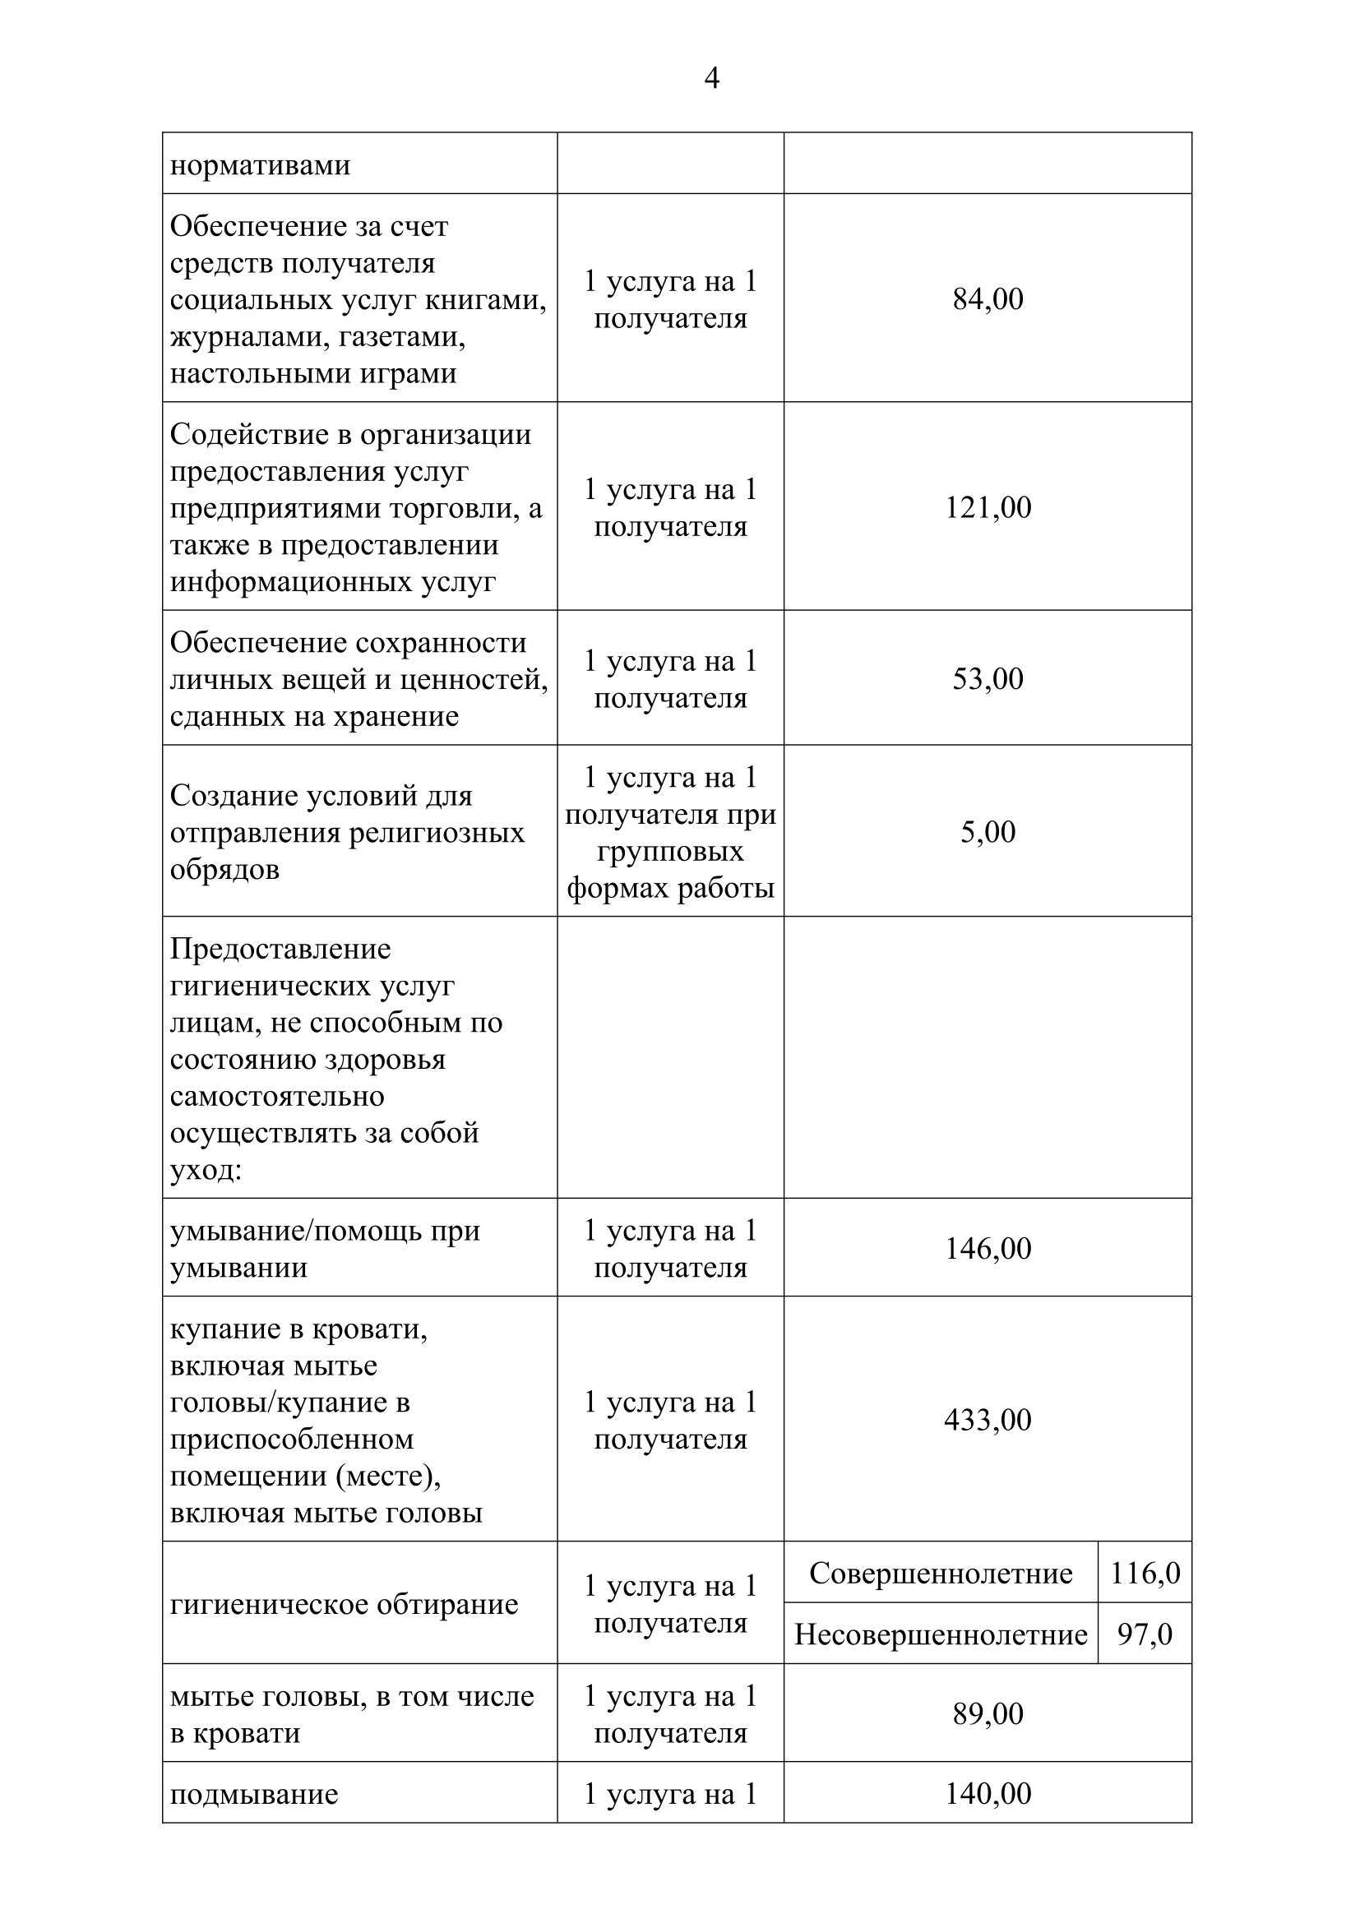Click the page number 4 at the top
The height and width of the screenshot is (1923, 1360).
coord(711,79)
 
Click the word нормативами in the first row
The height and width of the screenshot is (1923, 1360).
coord(260,165)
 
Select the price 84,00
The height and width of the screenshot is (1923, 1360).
coord(988,300)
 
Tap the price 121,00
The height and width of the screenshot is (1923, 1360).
coord(988,508)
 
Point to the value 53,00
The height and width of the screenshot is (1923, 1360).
coord(988,679)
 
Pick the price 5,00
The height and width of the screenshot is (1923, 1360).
coord(988,833)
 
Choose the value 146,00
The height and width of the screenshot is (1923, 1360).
coord(988,1249)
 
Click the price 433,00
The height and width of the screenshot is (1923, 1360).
coord(988,1421)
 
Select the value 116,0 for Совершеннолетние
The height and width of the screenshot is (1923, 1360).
coord(1144,1574)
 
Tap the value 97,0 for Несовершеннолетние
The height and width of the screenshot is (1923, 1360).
coord(1144,1634)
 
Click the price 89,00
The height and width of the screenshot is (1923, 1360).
coord(988,1714)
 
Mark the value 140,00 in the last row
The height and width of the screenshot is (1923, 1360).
coord(988,1793)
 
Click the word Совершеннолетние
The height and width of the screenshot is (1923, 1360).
coord(941,1574)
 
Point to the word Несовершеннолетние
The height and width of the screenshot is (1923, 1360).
coord(941,1634)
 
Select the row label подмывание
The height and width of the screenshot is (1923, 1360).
coord(254,1794)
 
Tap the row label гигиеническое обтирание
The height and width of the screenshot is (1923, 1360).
coord(345,1605)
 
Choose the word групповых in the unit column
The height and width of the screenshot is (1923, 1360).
coord(670,851)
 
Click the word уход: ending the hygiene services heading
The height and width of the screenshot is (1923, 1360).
coord(206,1170)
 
